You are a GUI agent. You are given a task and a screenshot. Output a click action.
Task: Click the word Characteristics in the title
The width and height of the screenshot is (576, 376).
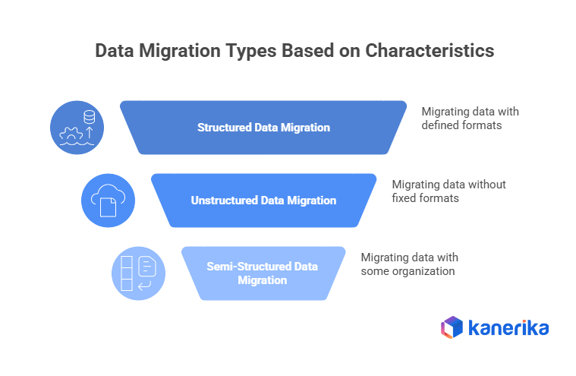pos(430,51)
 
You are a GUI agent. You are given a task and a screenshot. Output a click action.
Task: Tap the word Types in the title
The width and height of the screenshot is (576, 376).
pos(251,51)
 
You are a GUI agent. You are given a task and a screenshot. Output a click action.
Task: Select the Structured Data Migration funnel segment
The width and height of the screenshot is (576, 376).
pos(263,128)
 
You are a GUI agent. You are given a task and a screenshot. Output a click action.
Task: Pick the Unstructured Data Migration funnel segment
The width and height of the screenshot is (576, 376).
pos(263,201)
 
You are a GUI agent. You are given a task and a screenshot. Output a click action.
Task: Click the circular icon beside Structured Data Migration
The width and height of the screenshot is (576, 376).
pos(77,126)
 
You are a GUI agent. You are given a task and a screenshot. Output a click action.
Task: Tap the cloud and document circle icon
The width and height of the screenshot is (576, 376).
pos(107,201)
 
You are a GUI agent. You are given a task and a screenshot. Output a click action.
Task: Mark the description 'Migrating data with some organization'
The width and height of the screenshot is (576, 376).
pos(408,264)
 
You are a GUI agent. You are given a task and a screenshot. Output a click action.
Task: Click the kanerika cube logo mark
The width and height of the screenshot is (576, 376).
pos(452,327)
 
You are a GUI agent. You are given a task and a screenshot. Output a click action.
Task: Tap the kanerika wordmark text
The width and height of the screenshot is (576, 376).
pos(508,328)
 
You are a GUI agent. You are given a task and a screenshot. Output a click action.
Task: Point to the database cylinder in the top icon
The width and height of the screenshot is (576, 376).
pos(90,117)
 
